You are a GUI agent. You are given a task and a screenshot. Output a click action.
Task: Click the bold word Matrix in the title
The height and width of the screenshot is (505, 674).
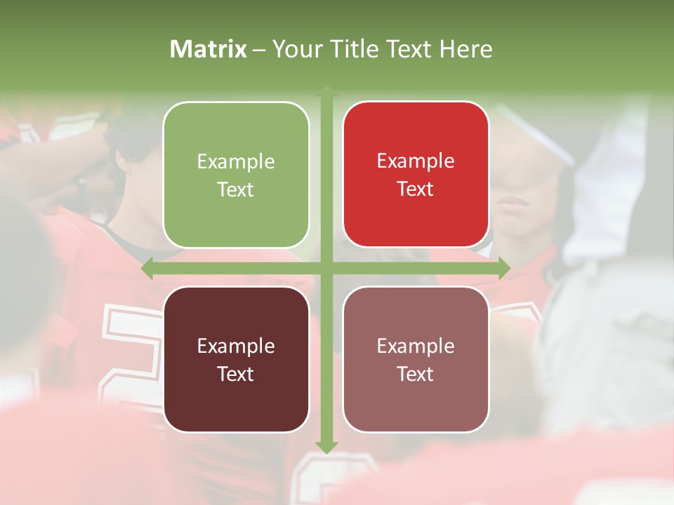click(x=209, y=49)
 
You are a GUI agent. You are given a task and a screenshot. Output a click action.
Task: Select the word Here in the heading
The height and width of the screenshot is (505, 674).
click(x=465, y=49)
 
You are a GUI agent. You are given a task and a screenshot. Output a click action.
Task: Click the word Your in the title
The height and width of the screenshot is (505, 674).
click(x=296, y=49)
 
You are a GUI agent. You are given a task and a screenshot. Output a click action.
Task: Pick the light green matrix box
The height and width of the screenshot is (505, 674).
click(x=236, y=175)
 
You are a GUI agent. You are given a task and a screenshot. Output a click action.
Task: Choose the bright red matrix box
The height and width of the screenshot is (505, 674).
click(x=416, y=174)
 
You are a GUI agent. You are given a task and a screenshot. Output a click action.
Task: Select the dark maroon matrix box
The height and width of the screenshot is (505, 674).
click(x=236, y=359)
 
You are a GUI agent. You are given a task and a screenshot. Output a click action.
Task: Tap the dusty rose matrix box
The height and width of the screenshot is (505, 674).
click(x=416, y=359)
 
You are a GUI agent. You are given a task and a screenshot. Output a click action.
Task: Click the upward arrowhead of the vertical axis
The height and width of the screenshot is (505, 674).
click(x=326, y=90)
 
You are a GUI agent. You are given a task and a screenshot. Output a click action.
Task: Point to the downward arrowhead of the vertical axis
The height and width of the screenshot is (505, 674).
click(x=326, y=447)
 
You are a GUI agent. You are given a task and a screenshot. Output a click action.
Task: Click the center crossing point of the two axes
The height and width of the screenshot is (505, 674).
click(x=326, y=268)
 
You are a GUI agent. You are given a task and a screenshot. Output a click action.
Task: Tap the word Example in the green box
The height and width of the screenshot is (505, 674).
click(x=236, y=162)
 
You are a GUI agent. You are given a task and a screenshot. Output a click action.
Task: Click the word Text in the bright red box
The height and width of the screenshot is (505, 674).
click(x=416, y=189)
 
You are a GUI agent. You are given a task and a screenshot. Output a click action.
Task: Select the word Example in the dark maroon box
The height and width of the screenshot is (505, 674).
click(x=236, y=346)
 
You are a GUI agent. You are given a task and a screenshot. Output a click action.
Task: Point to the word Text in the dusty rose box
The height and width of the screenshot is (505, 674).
click(x=416, y=374)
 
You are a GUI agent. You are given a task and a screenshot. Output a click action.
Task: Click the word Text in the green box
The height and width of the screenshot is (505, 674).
click(x=236, y=189)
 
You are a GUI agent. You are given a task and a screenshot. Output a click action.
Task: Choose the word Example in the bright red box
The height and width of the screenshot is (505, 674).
click(x=416, y=161)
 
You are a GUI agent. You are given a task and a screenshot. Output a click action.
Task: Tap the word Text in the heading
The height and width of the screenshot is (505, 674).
click(x=410, y=49)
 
